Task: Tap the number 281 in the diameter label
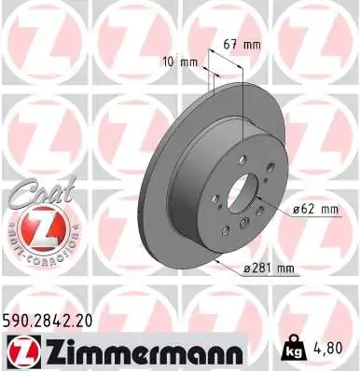point(267,269)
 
